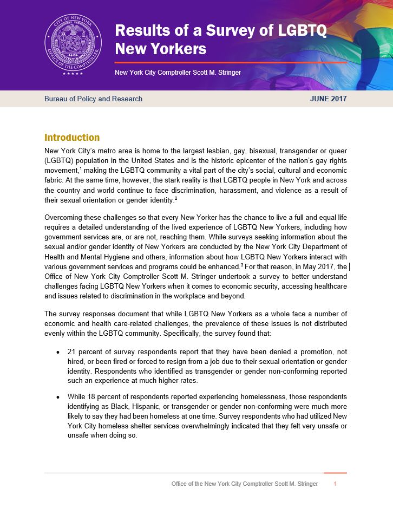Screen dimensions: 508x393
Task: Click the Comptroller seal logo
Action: click(73, 45)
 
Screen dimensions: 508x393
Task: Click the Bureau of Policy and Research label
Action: click(93, 99)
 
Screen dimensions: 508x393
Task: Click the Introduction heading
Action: click(72, 138)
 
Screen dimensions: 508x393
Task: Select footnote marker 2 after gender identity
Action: click(176, 199)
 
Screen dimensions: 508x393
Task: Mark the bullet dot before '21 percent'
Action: click(58, 352)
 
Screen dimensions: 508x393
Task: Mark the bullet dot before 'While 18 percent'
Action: click(58, 396)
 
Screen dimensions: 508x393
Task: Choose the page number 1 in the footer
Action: click(336, 484)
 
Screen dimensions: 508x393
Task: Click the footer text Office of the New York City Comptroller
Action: click(244, 484)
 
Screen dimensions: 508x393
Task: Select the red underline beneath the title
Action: click(231, 62)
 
